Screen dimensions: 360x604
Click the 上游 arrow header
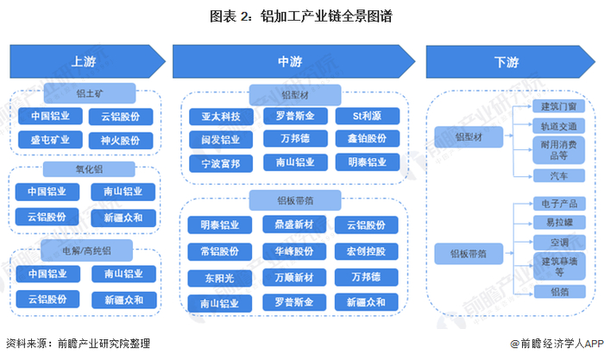(x=85, y=62)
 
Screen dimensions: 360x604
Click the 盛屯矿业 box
(x=48, y=139)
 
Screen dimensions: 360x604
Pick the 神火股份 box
(x=121, y=139)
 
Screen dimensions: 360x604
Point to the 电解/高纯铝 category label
(x=85, y=250)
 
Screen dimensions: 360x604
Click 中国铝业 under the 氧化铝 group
(x=48, y=192)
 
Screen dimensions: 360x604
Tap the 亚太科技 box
(x=222, y=116)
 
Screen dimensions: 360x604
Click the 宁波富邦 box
(x=222, y=161)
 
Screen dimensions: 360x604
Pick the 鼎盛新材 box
(x=294, y=224)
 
